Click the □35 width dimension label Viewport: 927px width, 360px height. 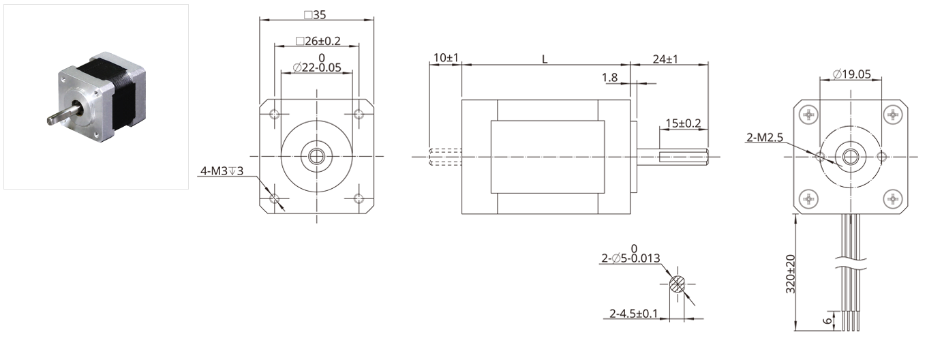tap(315, 15)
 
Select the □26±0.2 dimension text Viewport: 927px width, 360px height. tap(318, 41)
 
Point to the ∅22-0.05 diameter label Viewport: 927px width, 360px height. tap(317, 67)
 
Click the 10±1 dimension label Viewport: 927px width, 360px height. tap(446, 57)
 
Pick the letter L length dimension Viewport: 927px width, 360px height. tap(545, 59)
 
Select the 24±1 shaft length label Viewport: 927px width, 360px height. tap(665, 59)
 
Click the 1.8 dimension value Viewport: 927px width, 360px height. tap(609, 77)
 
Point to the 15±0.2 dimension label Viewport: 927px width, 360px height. tap(683, 123)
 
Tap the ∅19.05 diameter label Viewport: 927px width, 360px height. tap(852, 74)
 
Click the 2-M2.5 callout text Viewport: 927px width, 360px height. tap(765, 137)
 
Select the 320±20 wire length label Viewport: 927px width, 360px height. tap(791, 274)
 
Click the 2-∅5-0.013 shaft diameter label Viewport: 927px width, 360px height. tap(630, 258)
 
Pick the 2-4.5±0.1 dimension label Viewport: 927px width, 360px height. tap(634, 314)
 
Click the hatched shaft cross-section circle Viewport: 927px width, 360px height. tap(677, 284)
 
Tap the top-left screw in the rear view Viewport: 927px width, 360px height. tap(808, 115)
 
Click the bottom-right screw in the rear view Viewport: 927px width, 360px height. tap(893, 199)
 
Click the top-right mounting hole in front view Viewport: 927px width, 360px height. tap(359, 114)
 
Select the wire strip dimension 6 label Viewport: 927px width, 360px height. tap(827, 320)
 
